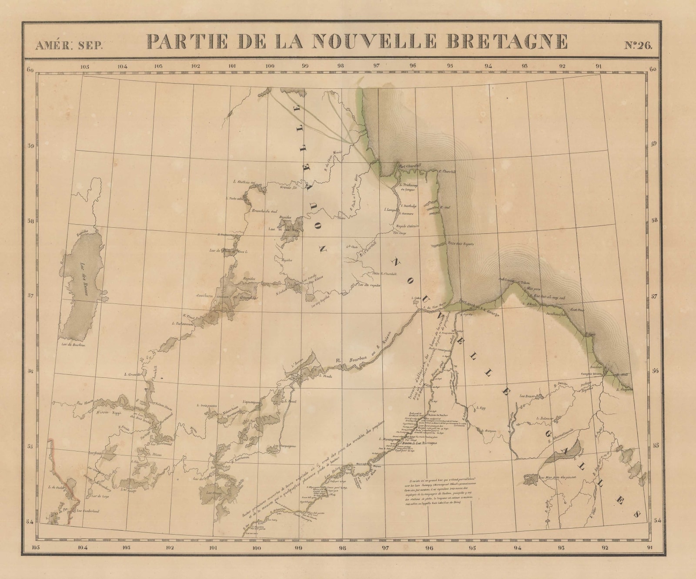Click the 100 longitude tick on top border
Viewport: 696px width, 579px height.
(270, 67)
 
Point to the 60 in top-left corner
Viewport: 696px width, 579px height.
(30, 70)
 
